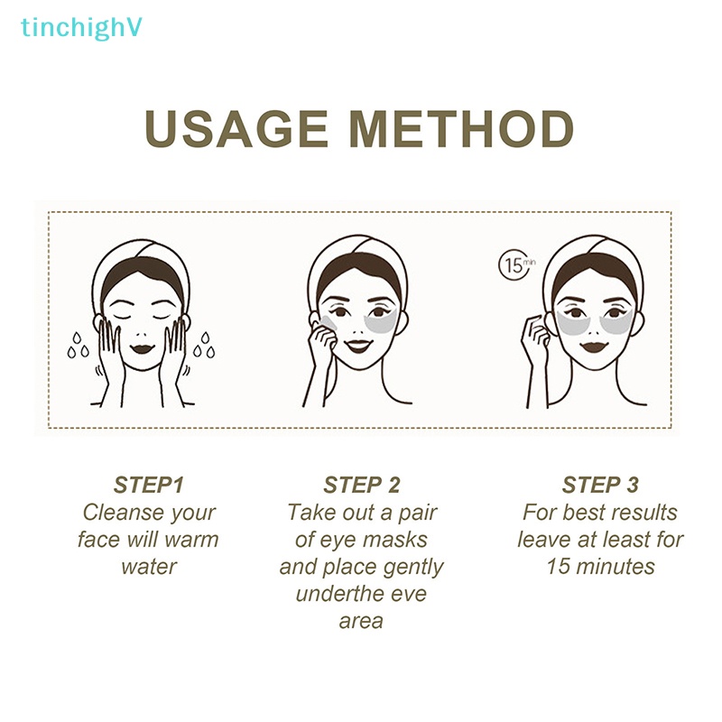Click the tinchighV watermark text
click(81, 28)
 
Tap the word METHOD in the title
click(462, 130)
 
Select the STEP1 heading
click(149, 485)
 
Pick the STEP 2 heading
click(361, 485)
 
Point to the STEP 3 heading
click(600, 485)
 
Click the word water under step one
click(149, 567)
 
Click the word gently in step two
click(411, 567)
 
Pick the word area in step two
click(361, 621)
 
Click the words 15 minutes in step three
click(600, 567)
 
